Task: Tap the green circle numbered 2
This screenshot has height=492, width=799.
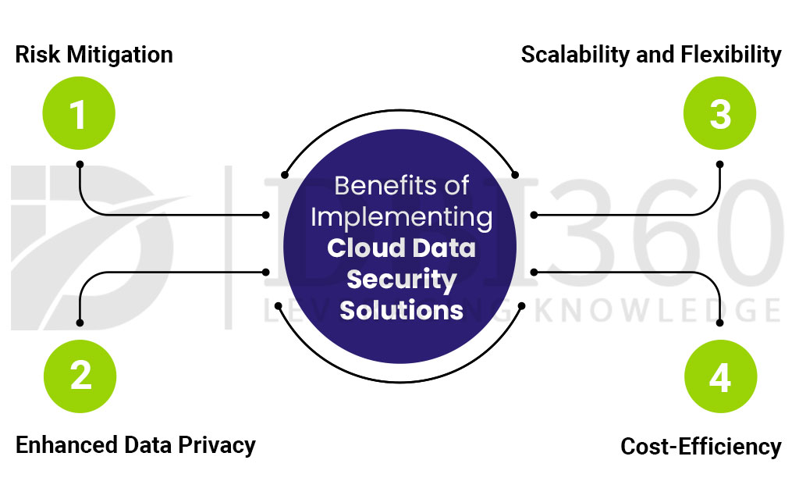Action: click(x=78, y=376)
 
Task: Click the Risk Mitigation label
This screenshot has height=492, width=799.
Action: click(x=94, y=55)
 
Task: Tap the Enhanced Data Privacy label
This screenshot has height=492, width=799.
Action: click(x=135, y=445)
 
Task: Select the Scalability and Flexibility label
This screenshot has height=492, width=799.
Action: click(x=651, y=55)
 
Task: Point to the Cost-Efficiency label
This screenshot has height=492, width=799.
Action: click(x=700, y=447)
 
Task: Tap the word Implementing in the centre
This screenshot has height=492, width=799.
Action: click(x=401, y=216)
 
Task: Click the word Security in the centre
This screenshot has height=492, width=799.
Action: click(x=401, y=279)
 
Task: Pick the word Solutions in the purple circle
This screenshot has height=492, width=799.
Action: click(x=401, y=309)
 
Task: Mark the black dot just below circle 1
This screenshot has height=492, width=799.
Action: click(x=79, y=164)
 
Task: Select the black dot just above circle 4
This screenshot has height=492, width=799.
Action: click(x=719, y=323)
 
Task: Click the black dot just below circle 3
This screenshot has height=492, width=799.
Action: click(x=719, y=164)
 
